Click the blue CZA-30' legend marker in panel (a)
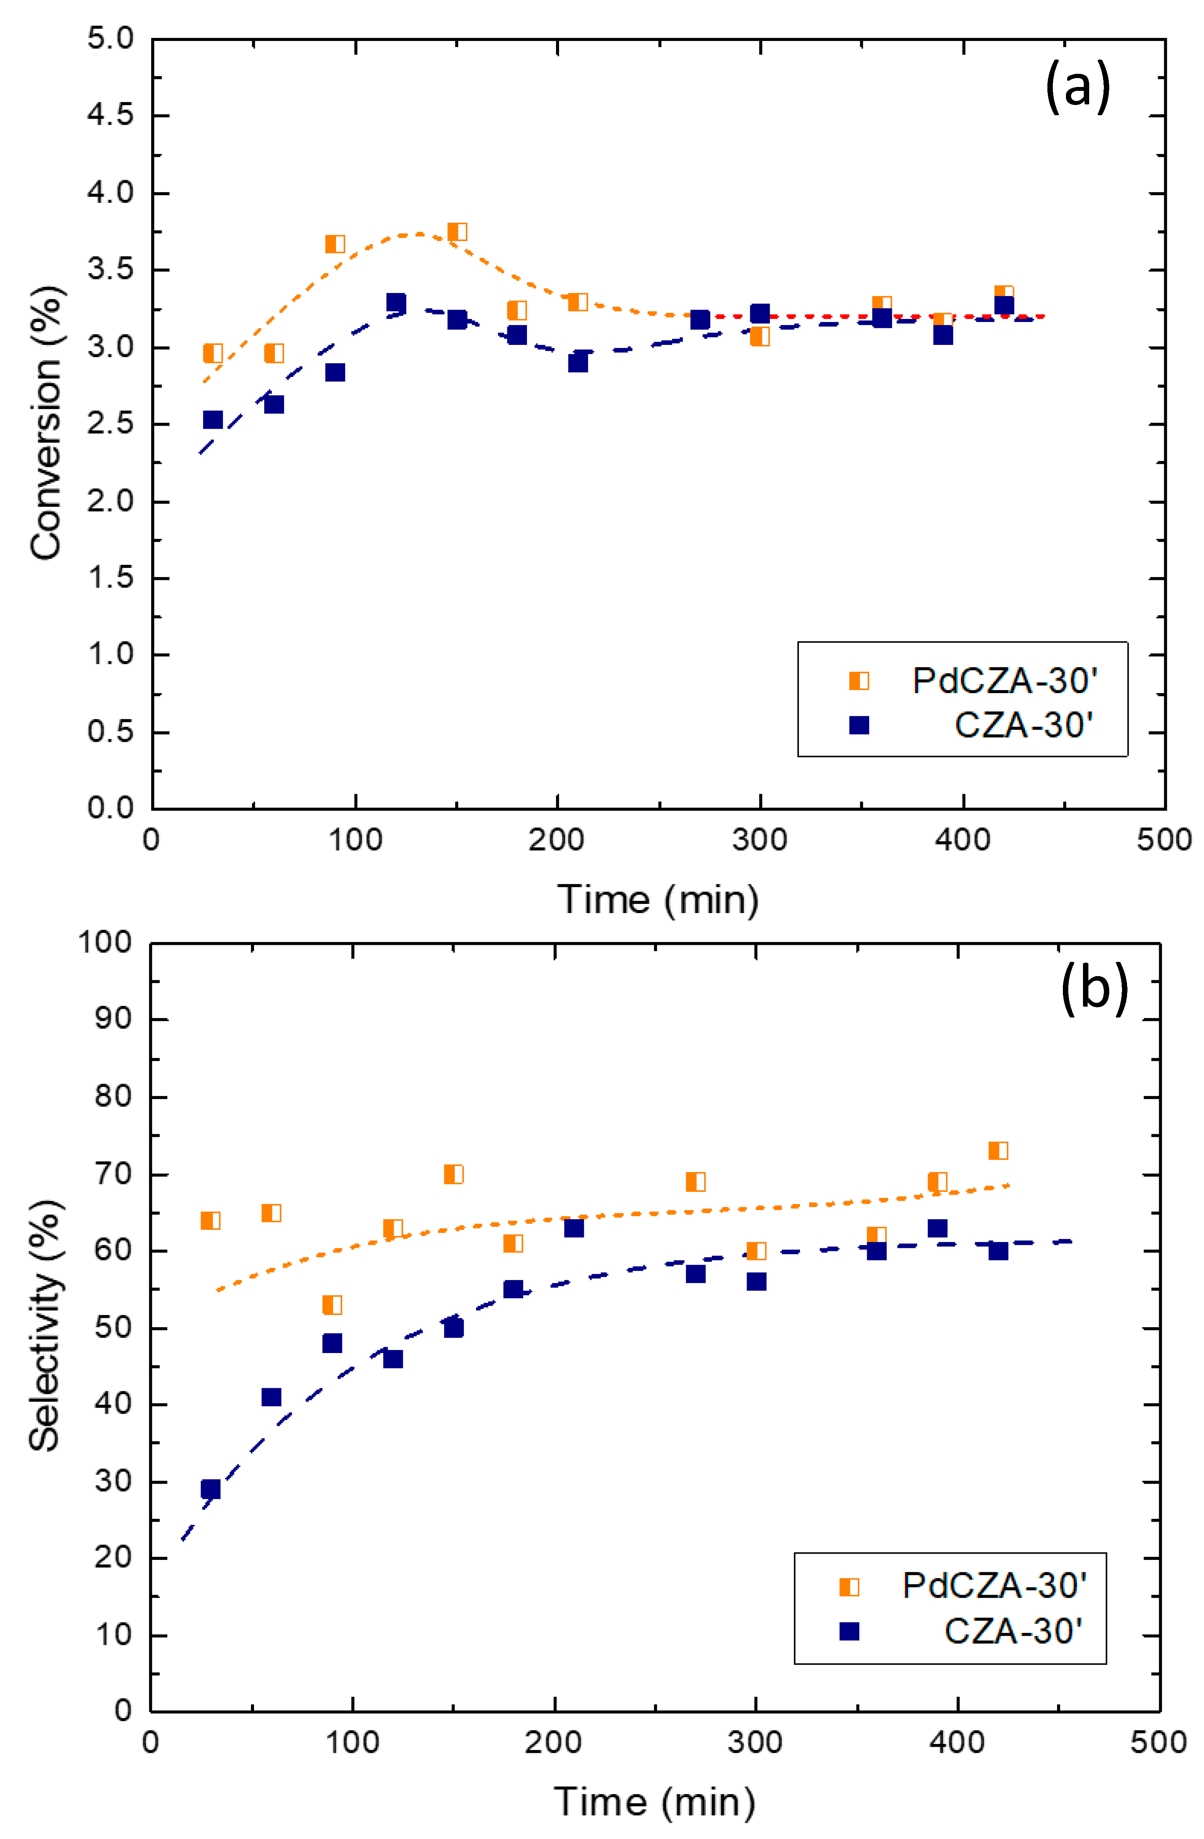coord(859,725)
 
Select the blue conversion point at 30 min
coord(213,419)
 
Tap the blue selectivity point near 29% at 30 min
coord(210,1489)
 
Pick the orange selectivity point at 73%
coord(998,1150)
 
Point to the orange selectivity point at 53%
coord(331,1305)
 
